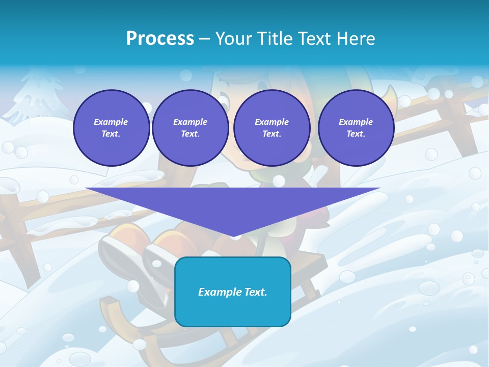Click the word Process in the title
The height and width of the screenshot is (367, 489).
coord(160,39)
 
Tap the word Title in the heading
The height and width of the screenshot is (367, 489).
coord(274,39)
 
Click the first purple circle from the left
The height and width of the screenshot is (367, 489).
coord(111,128)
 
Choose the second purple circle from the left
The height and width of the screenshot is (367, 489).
coord(190,128)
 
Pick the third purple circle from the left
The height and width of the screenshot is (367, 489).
coord(271,128)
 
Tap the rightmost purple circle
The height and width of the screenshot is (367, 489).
coord(356,128)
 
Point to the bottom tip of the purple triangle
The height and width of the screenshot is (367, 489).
coord(234,235)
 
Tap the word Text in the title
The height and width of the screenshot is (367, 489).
coord(313,39)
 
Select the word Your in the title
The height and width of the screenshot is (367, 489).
coord(235,39)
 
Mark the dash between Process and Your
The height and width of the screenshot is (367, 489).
coord(204,39)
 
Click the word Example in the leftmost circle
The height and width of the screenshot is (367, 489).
coord(111,122)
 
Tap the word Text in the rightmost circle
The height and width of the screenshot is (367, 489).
coord(356,134)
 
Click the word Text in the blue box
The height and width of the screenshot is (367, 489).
coord(255,292)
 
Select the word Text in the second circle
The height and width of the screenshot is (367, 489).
coord(190,134)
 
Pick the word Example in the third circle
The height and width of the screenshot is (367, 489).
coord(271,122)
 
